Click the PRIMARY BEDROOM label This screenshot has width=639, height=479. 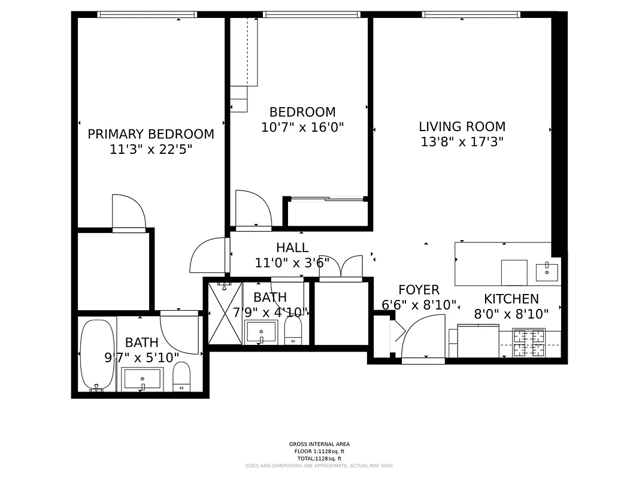tap(151, 134)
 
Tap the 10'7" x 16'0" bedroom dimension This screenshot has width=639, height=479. tap(302, 128)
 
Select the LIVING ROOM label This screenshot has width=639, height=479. tap(462, 126)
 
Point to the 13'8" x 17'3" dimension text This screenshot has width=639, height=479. tap(462, 142)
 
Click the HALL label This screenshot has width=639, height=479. tap(292, 247)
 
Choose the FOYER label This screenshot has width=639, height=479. tap(419, 290)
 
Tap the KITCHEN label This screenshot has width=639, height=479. tap(511, 299)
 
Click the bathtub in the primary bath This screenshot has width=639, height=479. tap(97, 354)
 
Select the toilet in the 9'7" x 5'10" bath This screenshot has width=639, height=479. tap(181, 377)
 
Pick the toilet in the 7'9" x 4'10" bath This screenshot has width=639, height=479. tap(293, 330)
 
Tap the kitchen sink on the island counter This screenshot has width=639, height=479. tap(546, 272)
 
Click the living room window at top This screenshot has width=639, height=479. tap(471, 14)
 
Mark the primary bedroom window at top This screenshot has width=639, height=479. tap(147, 14)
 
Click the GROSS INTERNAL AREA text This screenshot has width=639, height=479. tap(319, 444)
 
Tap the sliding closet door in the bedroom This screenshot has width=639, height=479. tap(326, 199)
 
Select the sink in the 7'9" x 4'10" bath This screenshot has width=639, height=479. tap(261, 331)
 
